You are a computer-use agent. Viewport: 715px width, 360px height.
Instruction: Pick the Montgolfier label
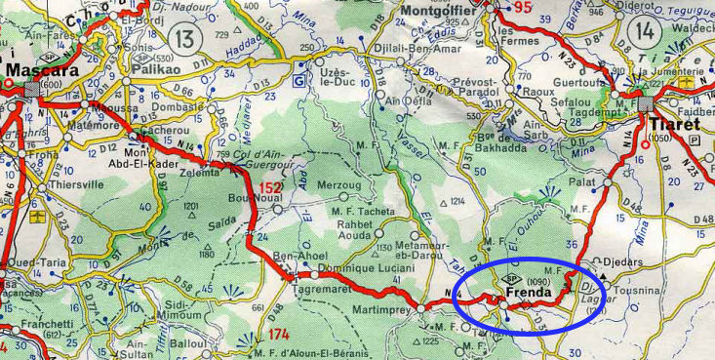pos(444,13)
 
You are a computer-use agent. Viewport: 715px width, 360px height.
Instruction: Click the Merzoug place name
pos(338,184)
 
